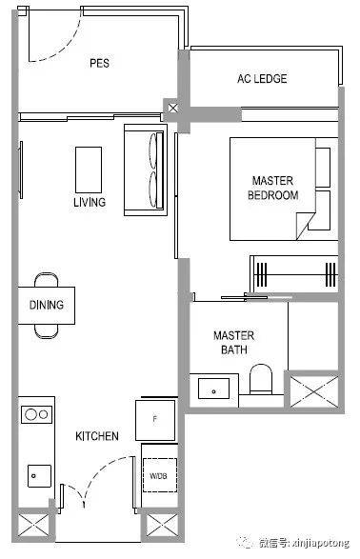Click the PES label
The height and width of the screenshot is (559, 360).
coord(99,63)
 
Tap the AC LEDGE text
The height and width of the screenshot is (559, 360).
coord(262,78)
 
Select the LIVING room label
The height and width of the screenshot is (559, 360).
coord(90,202)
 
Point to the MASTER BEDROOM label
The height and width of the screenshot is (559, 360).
coord(272,188)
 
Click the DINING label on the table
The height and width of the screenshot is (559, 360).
coord(47,305)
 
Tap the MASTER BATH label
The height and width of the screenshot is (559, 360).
coord(234,342)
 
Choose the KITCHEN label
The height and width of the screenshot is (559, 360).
coord(97,436)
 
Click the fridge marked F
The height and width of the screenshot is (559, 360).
coord(155,420)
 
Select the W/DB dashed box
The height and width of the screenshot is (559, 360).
coord(160,475)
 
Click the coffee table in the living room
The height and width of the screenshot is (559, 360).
coord(89,170)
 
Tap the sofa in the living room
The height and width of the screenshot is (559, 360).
coord(146,170)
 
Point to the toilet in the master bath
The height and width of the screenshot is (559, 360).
coord(261,379)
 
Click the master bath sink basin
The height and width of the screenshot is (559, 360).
coord(214,389)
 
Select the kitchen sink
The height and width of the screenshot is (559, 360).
coord(39,475)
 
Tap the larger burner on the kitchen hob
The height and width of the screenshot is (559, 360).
coord(30,414)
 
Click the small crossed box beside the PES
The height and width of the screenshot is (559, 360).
coord(173,108)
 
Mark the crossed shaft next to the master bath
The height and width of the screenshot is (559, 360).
coord(314,391)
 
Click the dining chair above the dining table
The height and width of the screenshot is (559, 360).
coord(47,280)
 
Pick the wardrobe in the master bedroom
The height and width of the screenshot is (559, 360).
coord(293,274)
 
